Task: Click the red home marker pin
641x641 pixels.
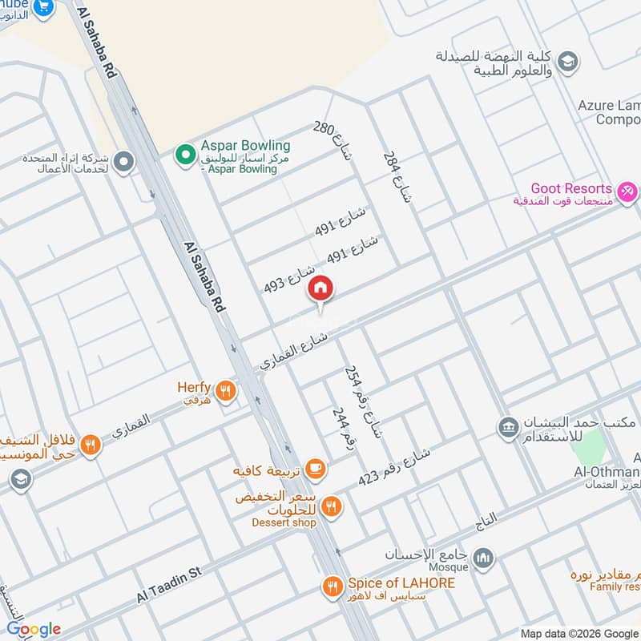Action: click(320, 288)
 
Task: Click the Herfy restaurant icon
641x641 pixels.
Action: click(228, 391)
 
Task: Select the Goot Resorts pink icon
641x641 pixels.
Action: click(628, 191)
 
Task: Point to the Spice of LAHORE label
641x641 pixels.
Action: click(401, 584)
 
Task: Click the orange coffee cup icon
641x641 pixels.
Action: click(316, 469)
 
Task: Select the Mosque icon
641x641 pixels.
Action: click(482, 557)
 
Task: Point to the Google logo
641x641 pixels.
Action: click(33, 629)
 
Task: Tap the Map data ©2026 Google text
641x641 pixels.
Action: click(579, 632)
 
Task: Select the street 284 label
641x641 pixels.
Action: click(396, 176)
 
